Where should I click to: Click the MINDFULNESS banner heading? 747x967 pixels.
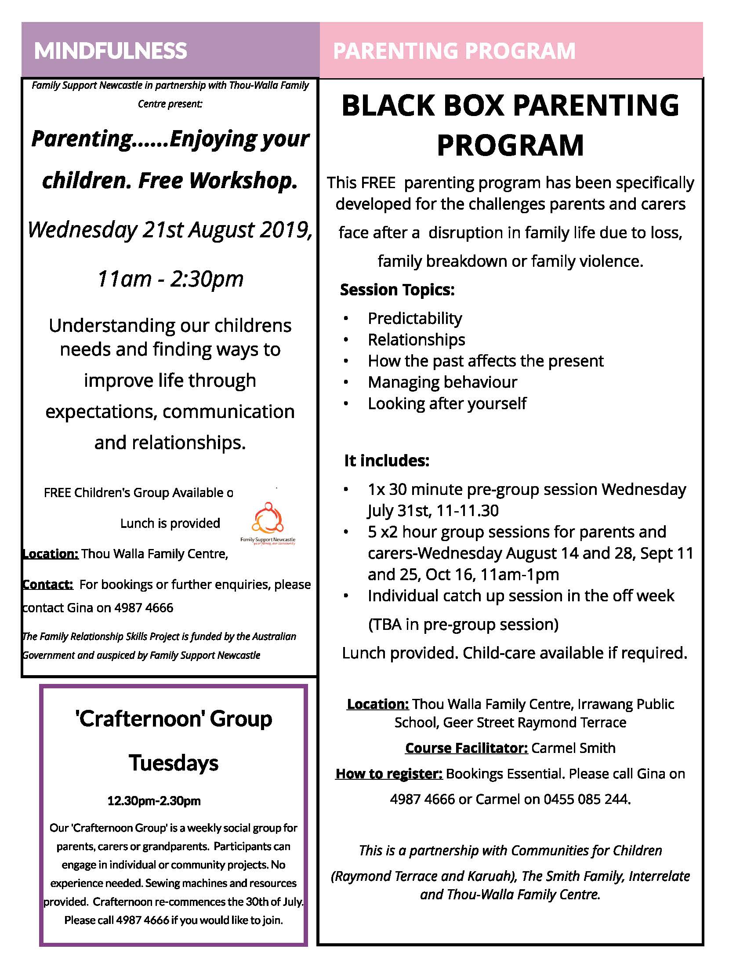tap(111, 51)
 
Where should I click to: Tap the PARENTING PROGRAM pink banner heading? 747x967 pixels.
tap(454, 51)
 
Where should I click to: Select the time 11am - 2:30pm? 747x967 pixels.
tap(170, 279)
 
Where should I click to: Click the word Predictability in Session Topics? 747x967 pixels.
tap(415, 318)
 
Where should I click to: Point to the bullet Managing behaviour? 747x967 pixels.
tap(442, 382)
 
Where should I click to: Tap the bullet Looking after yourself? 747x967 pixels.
tap(447, 404)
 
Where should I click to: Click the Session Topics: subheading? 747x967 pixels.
tap(397, 290)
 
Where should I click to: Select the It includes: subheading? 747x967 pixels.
tap(386, 461)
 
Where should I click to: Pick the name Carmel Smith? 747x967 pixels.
tap(573, 748)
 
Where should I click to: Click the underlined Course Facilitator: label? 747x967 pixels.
tap(466, 748)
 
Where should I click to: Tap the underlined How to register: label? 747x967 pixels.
tap(389, 774)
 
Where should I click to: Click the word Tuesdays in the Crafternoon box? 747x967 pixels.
tap(174, 763)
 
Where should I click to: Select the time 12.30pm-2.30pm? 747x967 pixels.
tap(154, 801)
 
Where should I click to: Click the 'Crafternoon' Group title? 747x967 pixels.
tap(174, 719)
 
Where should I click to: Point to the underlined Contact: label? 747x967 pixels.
tap(48, 585)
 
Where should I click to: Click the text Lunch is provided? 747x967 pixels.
tap(170, 523)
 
